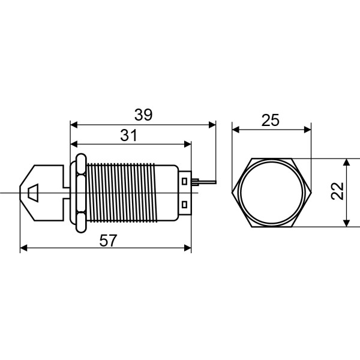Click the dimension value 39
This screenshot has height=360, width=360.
tap(143, 115)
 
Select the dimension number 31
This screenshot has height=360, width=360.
tap(128, 135)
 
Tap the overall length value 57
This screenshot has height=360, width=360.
tap(107, 240)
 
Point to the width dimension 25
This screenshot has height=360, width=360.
tap(271, 119)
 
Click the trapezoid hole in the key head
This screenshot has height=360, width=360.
tap(34, 193)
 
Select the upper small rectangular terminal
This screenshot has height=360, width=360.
tap(185, 179)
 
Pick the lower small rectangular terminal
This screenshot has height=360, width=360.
tap(185, 206)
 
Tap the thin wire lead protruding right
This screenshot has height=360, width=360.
tap(203, 180)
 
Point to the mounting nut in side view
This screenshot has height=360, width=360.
tap(79, 193)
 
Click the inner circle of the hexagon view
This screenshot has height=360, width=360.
tap(272, 193)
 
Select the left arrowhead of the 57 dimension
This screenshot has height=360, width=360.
tap(23, 248)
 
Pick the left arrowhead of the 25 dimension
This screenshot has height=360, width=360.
tap(235, 129)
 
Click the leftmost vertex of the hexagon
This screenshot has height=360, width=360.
tap(232, 193)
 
